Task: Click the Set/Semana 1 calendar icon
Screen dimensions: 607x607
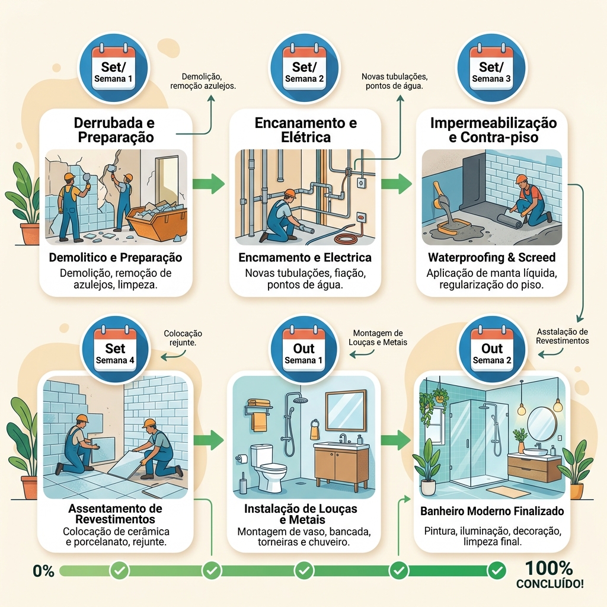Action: point(113,68)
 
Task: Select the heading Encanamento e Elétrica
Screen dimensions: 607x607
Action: point(305,130)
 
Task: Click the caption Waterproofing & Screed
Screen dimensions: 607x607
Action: point(491,257)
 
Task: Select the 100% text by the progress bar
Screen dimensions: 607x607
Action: point(549,568)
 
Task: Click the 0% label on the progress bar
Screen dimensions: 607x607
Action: point(43,571)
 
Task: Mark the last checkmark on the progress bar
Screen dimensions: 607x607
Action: point(497,570)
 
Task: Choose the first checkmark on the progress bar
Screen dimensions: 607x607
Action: point(119,570)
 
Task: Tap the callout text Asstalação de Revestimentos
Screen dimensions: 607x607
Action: point(562,337)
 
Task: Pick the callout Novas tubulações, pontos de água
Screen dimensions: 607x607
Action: point(394,81)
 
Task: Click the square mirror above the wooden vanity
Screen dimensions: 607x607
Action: point(346,411)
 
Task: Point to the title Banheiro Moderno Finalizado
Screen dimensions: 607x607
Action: point(492,512)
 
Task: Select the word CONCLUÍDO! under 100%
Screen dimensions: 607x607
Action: point(550,584)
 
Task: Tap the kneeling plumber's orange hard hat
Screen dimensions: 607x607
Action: point(289,193)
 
